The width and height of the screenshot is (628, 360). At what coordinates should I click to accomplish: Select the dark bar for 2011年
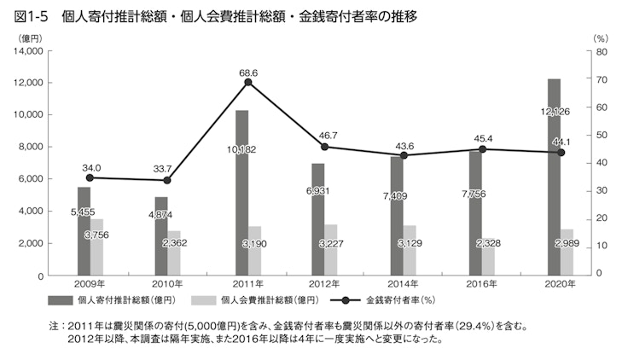click(x=241, y=192)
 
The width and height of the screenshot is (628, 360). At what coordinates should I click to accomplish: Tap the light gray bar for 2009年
click(x=96, y=247)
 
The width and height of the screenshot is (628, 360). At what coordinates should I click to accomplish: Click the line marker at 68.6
click(x=248, y=82)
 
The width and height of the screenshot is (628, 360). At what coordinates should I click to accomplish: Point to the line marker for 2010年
click(x=168, y=181)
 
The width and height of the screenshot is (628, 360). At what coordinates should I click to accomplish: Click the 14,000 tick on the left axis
click(x=30, y=51)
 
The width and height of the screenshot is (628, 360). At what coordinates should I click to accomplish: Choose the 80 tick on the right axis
click(x=601, y=51)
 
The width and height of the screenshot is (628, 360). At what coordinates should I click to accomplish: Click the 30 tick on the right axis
click(x=601, y=190)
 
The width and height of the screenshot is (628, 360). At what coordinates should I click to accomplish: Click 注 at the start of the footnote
click(x=55, y=325)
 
